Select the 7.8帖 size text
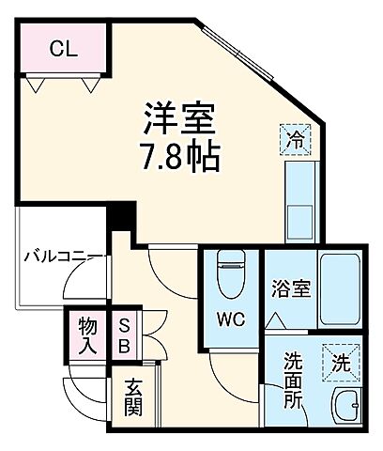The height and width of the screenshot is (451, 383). pos(180,156)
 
